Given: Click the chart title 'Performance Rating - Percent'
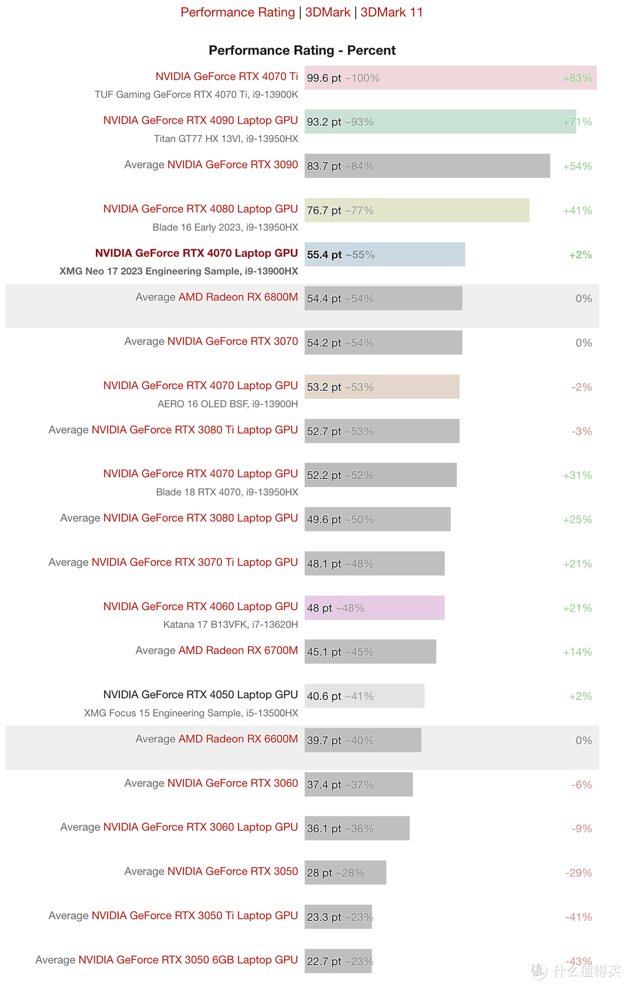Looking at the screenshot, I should point(302,51).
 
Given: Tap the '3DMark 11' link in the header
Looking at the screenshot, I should point(392,12).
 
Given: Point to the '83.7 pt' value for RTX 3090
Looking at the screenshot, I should point(324,167).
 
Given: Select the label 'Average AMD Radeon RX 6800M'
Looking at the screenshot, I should point(217,297).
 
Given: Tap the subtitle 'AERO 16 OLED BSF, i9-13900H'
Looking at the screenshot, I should point(228,404).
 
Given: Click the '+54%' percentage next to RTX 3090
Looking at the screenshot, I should point(577,167).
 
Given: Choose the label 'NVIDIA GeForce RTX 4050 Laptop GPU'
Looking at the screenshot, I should point(200,694).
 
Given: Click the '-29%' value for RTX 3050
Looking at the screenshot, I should point(578,873).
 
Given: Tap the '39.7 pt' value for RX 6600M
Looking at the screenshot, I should point(324,740).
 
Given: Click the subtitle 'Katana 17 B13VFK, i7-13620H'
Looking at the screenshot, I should point(230,625).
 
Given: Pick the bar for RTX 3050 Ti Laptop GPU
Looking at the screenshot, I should point(338,917).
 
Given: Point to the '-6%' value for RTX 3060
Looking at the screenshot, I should point(581,785).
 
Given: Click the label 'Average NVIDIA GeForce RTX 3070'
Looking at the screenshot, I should point(211,341).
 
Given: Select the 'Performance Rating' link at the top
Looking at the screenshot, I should point(237,12).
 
